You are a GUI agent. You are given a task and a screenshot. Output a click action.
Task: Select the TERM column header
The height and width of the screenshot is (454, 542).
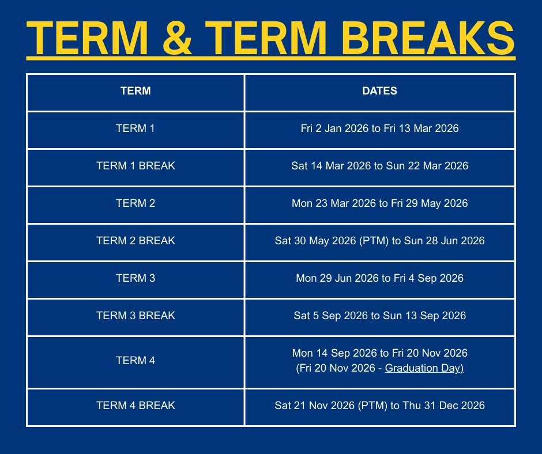point(135,91)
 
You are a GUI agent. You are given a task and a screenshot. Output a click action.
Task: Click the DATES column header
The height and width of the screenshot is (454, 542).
point(379,91)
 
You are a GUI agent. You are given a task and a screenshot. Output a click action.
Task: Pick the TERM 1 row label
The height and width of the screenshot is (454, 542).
point(135,128)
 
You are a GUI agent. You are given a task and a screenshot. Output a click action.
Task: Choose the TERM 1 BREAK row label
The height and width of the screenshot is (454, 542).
point(135,166)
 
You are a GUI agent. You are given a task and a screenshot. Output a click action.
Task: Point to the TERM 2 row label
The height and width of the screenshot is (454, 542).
point(135,203)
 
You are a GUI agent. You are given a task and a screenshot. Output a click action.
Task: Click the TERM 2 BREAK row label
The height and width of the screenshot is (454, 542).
point(135,241)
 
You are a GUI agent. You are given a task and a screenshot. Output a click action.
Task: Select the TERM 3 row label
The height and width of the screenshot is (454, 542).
point(135,278)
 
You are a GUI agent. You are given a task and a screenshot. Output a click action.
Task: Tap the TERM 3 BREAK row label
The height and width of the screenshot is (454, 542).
point(135,316)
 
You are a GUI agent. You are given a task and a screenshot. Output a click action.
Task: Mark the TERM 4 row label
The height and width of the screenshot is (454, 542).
point(135,361)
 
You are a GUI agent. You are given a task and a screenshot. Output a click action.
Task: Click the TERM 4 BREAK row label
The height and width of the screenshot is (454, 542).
point(135,406)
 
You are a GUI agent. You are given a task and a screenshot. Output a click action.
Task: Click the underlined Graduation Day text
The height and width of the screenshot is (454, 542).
point(424,368)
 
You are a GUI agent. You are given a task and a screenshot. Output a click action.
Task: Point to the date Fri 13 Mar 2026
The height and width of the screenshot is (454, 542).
point(421,128)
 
